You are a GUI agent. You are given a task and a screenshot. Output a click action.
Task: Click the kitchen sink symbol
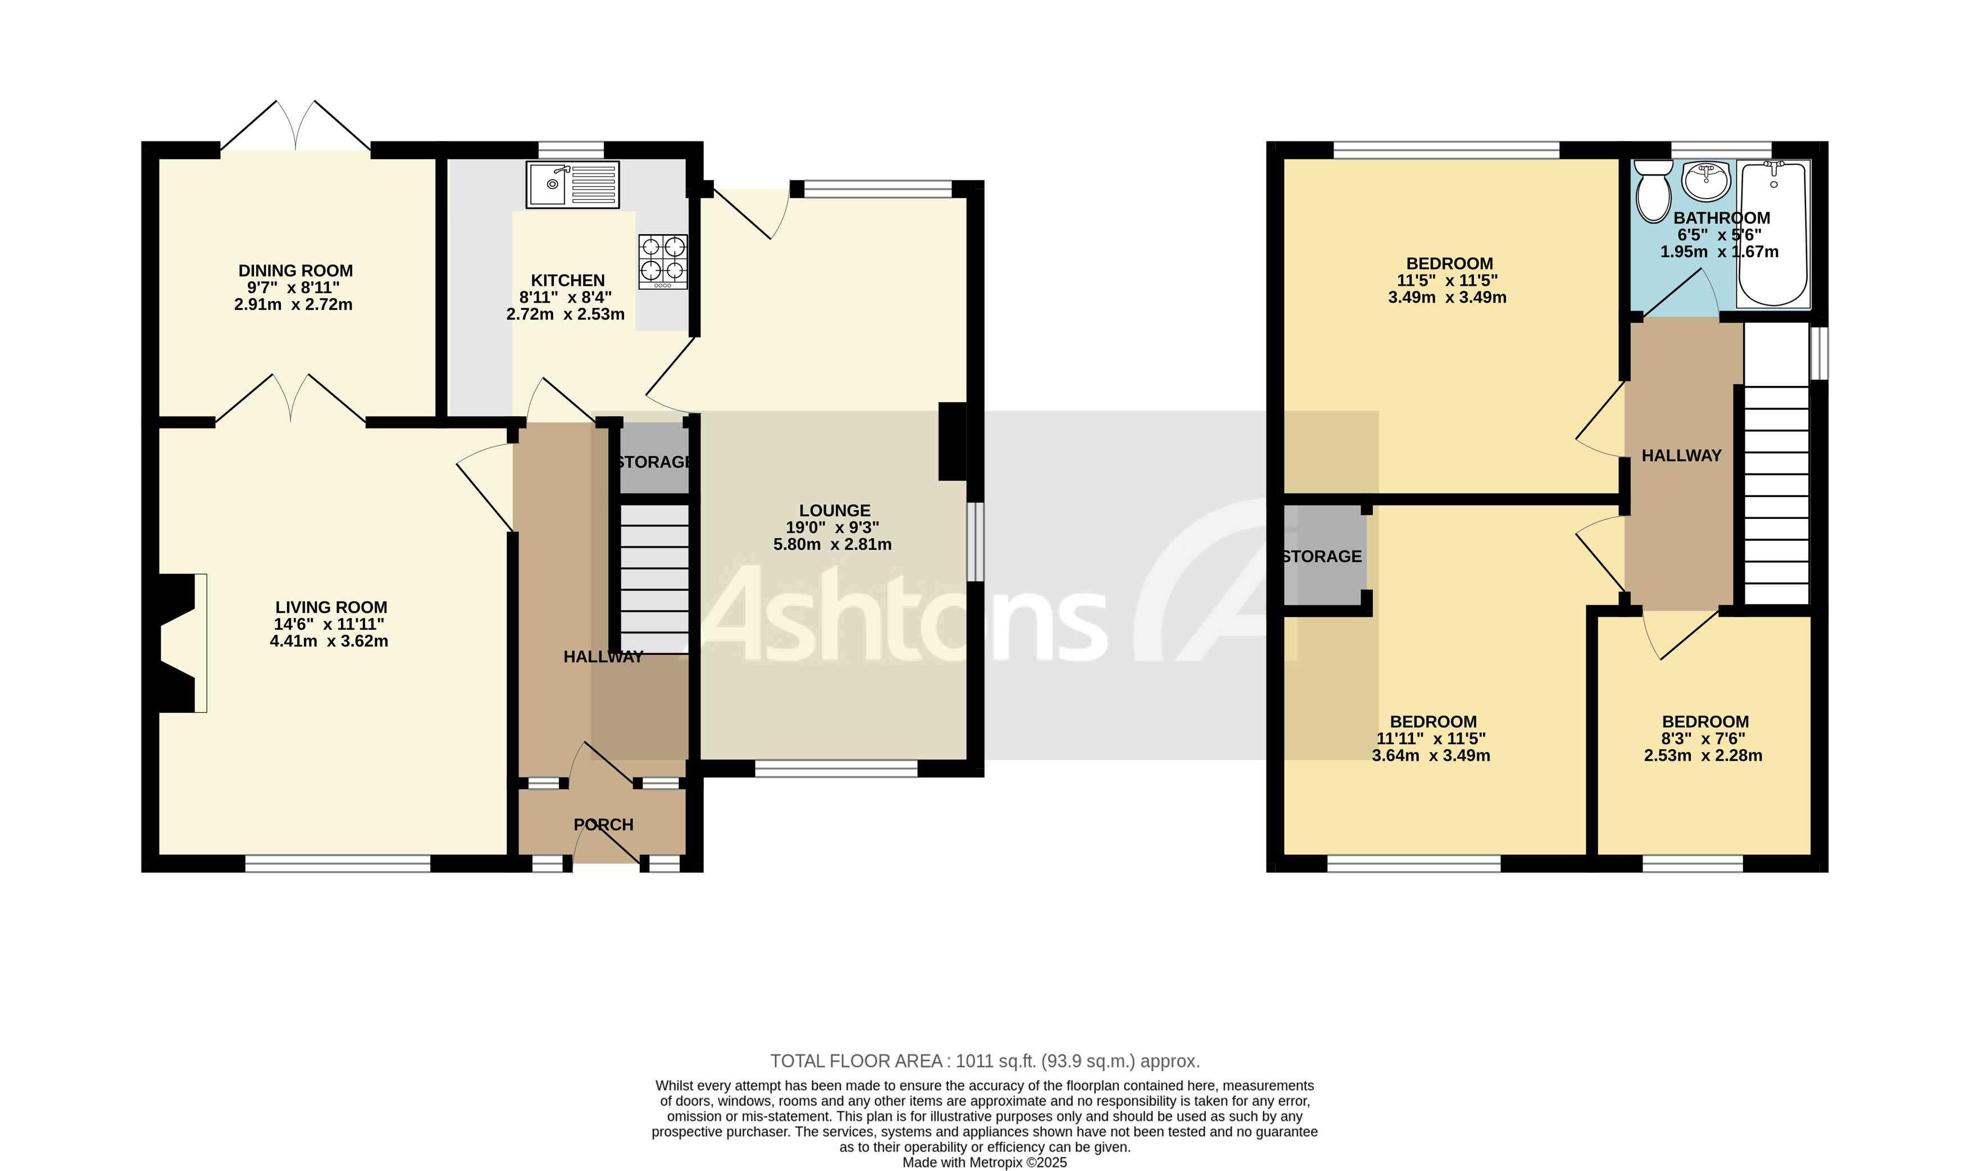[x=572, y=185]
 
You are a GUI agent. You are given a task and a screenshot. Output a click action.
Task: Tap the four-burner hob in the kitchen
[x=662, y=261]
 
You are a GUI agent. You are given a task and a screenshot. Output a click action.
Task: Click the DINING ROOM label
[x=295, y=271]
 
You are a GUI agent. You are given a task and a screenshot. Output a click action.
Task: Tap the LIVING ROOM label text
[x=331, y=607]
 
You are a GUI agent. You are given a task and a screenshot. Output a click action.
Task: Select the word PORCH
[x=603, y=824]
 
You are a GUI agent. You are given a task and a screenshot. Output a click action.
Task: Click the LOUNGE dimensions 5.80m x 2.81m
[x=832, y=544]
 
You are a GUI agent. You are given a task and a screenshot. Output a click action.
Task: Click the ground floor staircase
[x=654, y=578]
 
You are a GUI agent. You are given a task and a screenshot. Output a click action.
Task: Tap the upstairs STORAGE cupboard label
[x=1321, y=557]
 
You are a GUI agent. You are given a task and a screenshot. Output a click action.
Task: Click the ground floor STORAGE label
[x=653, y=462]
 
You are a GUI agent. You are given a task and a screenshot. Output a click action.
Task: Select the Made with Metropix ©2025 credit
[x=984, y=1163]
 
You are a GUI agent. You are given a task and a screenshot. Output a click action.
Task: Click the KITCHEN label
[x=567, y=280]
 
